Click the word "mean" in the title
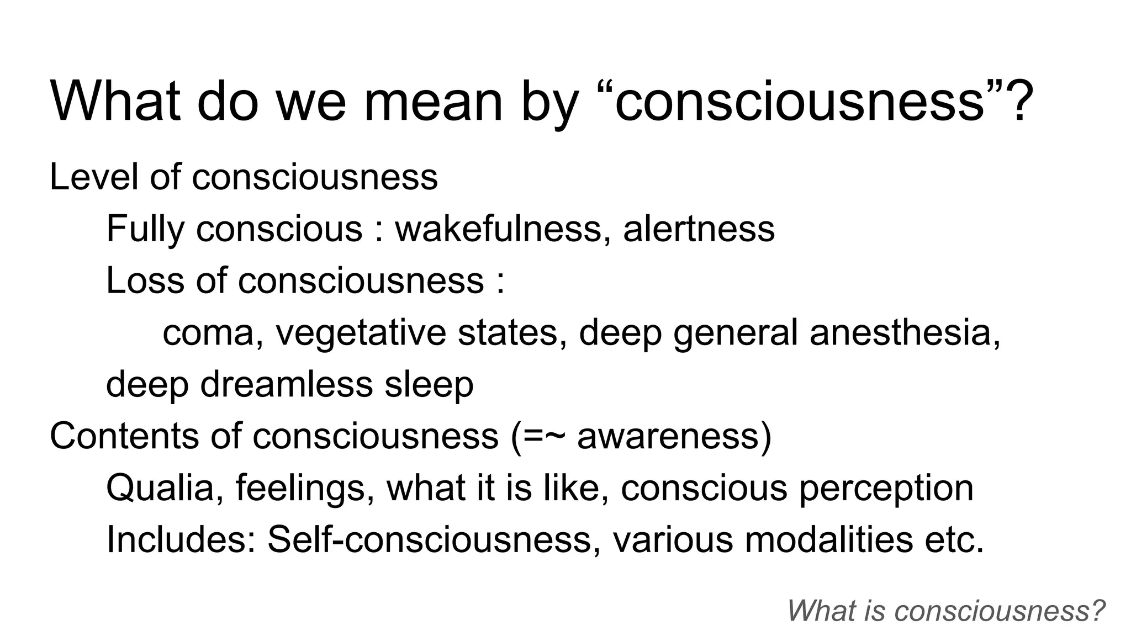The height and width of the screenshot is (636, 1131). (x=433, y=102)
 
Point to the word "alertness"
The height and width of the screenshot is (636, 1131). (x=699, y=229)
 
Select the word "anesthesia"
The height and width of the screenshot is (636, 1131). (x=904, y=333)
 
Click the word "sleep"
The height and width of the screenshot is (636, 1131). (x=429, y=385)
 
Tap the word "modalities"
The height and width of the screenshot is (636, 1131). (x=828, y=539)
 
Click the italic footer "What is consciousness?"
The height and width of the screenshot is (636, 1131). (x=946, y=611)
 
